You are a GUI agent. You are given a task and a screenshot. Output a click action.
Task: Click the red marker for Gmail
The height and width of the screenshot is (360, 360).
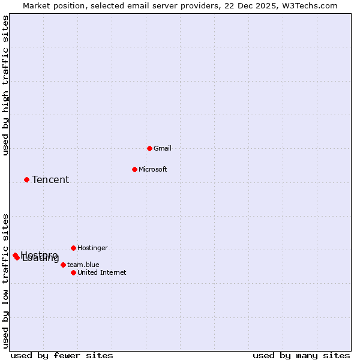click(149, 148)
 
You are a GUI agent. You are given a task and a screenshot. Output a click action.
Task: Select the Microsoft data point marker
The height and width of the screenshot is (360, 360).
click(134, 169)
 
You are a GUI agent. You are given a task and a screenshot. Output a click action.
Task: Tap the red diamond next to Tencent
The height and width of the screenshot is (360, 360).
click(26, 179)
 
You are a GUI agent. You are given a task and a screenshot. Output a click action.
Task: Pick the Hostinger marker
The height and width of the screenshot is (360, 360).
click(73, 248)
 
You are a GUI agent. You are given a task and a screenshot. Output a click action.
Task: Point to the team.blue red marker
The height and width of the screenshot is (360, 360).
click(63, 265)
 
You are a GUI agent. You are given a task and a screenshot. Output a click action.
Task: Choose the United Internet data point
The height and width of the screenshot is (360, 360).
click(73, 272)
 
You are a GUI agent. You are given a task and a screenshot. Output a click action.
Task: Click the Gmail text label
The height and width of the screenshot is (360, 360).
click(162, 148)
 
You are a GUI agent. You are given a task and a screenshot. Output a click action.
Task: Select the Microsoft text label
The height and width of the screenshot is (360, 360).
click(152, 169)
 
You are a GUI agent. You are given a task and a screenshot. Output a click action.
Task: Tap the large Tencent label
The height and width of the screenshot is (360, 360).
click(50, 179)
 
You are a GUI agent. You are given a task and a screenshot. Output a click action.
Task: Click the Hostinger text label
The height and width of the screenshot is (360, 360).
click(92, 248)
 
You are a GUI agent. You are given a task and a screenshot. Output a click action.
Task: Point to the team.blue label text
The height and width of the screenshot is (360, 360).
click(83, 265)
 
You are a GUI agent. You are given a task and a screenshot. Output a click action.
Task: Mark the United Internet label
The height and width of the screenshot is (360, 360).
click(101, 272)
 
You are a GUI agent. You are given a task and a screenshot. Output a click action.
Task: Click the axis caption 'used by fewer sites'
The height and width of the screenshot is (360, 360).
click(62, 355)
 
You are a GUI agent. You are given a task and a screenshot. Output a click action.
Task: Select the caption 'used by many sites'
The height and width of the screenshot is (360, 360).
click(301, 355)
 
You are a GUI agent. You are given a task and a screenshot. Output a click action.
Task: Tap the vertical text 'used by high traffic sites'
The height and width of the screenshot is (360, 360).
click(5, 85)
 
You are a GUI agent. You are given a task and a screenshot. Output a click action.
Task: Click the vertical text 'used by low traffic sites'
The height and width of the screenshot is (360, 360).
click(5, 280)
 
